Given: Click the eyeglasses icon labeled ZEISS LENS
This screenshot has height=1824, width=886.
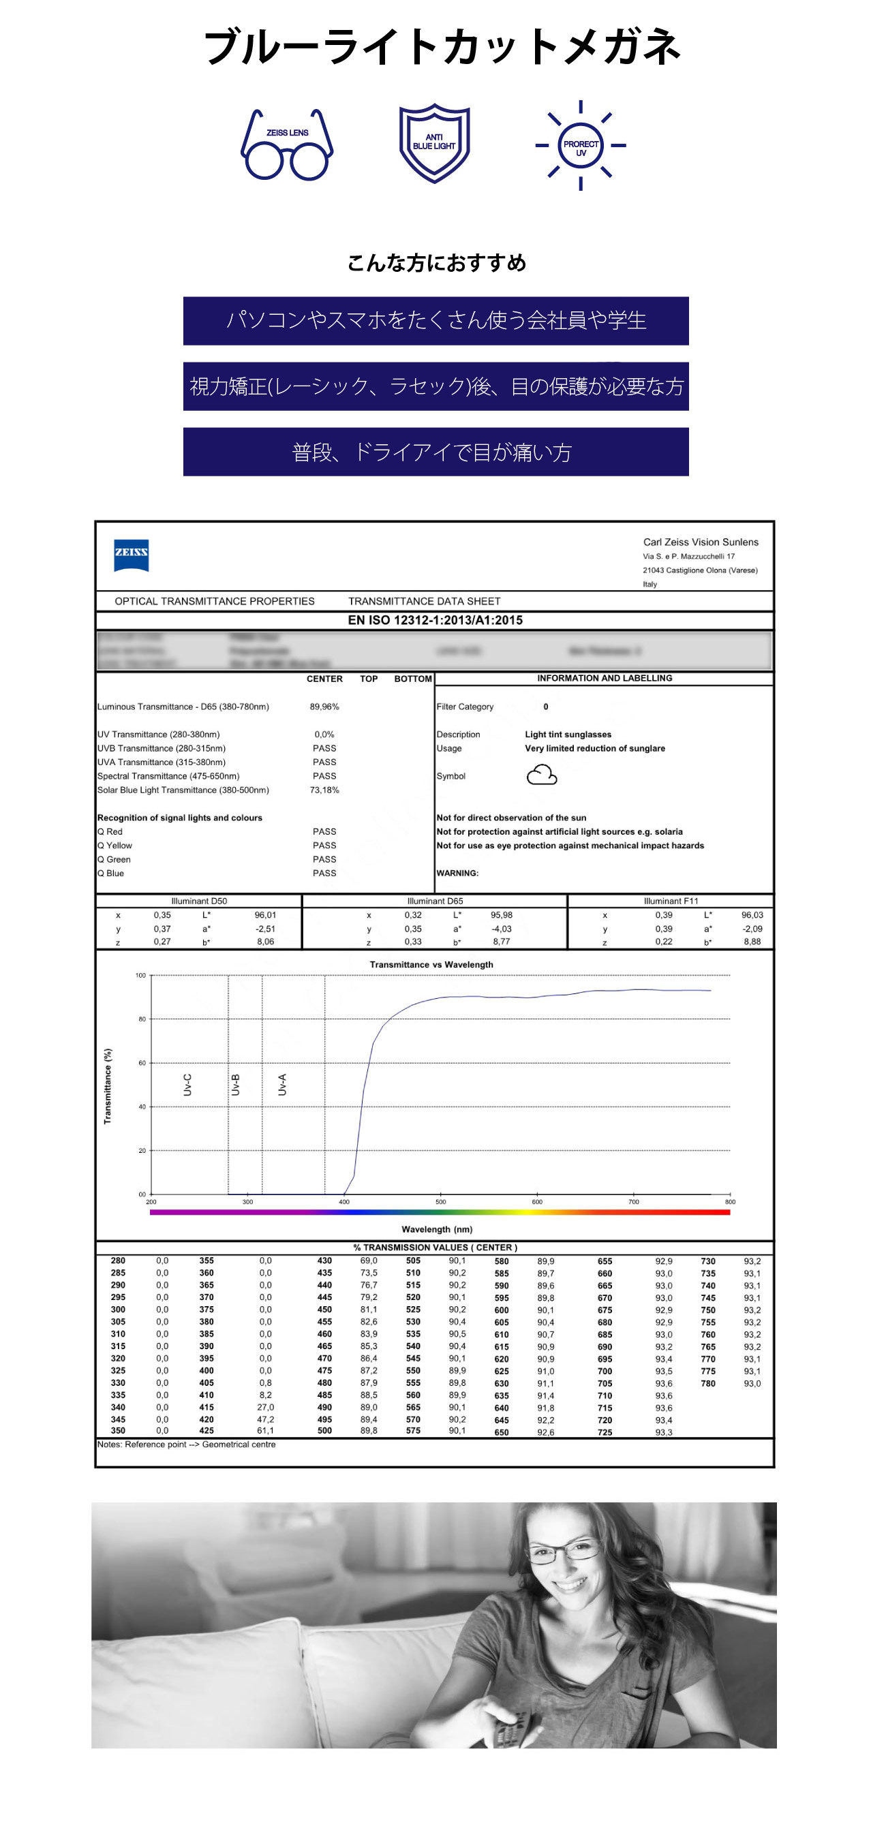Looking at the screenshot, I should pos(287,146).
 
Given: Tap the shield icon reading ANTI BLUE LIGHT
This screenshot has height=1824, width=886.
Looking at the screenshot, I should pos(434,143).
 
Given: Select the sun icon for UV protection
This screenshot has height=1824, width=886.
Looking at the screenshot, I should pos(581,146).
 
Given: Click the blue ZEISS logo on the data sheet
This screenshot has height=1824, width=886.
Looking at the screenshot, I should pos(131,555).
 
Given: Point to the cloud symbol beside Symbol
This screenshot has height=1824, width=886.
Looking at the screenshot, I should pos(542,775).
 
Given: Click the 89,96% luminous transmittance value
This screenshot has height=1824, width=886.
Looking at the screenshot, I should pos(324,707).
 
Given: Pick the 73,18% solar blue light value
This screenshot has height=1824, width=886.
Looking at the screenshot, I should pos(324,790).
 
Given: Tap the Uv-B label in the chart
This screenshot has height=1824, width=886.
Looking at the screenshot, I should pos(235,1085).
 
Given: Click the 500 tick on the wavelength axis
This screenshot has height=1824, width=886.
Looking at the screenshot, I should pos(440,1202).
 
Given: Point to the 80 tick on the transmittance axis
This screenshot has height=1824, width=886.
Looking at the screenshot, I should pos(142,1019).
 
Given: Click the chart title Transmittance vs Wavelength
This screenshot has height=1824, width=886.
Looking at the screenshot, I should pos(431,964).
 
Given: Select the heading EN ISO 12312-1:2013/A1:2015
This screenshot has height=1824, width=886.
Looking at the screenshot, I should pos(435,620).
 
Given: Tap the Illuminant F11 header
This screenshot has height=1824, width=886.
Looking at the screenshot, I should pos(671,901).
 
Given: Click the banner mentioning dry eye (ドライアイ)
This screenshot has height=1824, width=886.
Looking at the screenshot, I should pos(436,452).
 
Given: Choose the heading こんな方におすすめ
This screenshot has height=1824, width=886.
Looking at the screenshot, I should pos(437,264).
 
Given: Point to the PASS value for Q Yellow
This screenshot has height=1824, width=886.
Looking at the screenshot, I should pos(324,846).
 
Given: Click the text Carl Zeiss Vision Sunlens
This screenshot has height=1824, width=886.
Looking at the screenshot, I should pos(701,542).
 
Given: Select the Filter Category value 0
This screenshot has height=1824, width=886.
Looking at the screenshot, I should pos(545,707).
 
